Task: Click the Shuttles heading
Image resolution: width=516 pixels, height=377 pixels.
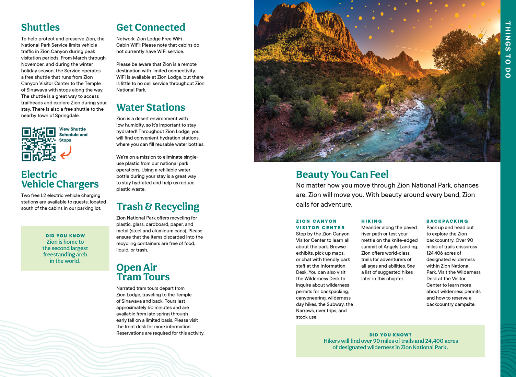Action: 40,27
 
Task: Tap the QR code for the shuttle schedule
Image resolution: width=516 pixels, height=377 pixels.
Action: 38,144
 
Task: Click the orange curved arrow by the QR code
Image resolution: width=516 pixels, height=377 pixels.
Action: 66,153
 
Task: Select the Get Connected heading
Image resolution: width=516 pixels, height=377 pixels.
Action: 151,27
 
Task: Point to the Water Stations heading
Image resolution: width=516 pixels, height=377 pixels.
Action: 151,107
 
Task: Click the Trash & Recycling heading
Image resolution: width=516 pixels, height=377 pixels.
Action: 158,206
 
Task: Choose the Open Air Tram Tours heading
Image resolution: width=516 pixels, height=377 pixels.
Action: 143,272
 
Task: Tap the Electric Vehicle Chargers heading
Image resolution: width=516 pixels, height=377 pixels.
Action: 60,179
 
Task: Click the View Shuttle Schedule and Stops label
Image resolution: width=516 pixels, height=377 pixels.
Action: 73,135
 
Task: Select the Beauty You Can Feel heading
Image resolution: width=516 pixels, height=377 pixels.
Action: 342,174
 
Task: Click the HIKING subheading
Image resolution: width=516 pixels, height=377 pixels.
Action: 372,221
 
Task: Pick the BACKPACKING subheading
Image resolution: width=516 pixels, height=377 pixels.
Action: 447,221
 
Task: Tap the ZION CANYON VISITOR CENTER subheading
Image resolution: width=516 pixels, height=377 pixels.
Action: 320,224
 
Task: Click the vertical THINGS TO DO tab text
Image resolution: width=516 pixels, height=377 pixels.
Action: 508,50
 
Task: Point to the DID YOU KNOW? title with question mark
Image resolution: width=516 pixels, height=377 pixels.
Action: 390,335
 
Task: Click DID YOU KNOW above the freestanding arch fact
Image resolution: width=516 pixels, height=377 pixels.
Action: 65,236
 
